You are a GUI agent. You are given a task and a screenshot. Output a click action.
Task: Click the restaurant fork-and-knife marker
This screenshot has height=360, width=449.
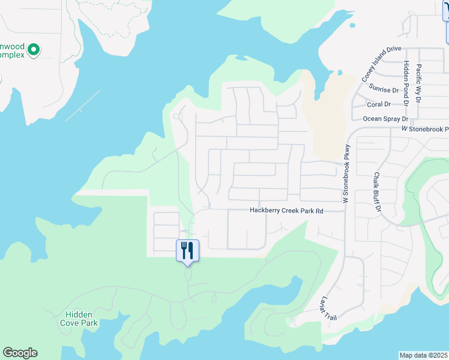click(x=187, y=250)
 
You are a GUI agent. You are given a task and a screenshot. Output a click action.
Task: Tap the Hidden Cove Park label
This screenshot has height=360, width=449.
click(x=79, y=318)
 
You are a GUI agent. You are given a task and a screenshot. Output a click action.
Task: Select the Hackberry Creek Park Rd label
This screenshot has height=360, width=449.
click(x=286, y=211)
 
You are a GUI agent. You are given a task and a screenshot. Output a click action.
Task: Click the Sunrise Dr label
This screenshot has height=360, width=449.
click(x=384, y=90)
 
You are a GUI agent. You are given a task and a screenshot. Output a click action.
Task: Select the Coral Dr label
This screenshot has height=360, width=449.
click(x=379, y=104)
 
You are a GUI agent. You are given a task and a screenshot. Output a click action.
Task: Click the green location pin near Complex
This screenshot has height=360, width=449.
click(x=34, y=50)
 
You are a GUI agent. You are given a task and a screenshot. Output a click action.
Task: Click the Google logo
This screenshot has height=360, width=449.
click(x=20, y=353)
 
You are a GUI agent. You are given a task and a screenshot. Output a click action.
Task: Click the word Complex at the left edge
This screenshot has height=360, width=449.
click(x=12, y=55)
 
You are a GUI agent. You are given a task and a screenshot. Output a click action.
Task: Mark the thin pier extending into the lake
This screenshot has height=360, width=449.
click(x=83, y=106)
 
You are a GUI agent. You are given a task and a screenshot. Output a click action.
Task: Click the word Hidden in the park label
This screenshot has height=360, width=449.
click(x=79, y=314)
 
